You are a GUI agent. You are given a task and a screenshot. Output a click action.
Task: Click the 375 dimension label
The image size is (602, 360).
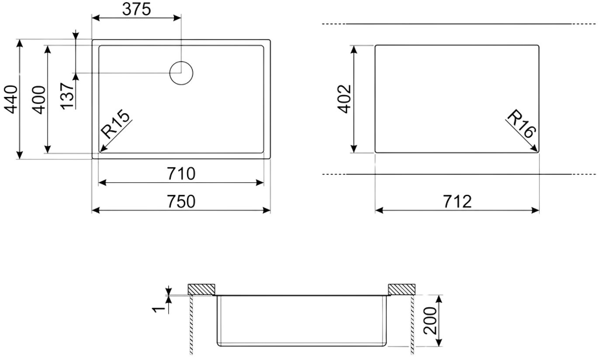pos(137,10)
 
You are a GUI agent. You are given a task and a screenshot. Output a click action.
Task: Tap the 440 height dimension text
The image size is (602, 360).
pos(11,100)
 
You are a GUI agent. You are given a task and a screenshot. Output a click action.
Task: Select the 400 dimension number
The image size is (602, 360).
pos(39,100)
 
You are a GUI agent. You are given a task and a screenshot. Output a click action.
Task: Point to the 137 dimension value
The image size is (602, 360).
pos(67,96)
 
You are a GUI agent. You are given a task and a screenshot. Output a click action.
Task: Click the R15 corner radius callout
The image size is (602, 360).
pos(115,124)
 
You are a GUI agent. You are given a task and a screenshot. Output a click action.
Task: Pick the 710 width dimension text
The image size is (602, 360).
pos(181,174)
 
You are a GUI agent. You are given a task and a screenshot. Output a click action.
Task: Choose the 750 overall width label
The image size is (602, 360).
pos(181,201)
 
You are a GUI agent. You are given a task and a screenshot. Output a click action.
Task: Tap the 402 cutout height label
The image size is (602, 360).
pos(344,99)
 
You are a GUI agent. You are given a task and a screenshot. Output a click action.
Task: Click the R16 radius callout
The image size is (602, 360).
pos(521,124)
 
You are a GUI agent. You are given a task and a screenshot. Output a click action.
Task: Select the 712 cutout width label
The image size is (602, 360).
pos(457,201)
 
